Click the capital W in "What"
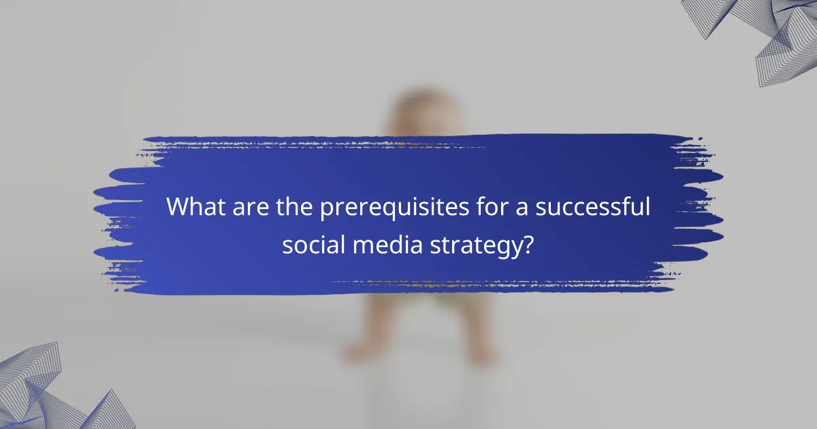click(178, 207)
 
